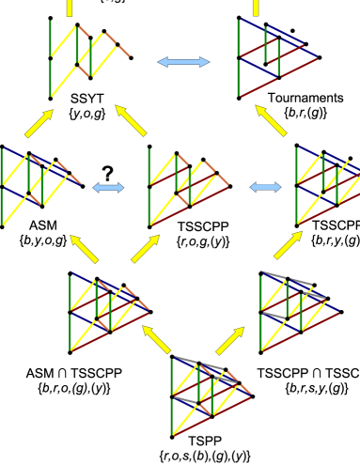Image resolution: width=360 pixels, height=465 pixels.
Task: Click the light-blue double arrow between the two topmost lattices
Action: pos(183,62)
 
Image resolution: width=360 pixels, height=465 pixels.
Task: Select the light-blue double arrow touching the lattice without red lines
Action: pos(109,188)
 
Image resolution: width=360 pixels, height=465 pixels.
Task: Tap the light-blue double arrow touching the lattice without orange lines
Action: pos(266,188)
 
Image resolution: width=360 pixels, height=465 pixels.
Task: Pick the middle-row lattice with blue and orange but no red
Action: pos(38,184)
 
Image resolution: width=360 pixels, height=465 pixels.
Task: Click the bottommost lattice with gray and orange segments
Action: pos(209,395)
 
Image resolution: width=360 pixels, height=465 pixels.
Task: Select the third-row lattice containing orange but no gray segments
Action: pos(105,310)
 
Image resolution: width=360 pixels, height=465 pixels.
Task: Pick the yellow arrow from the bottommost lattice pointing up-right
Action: pos(230,340)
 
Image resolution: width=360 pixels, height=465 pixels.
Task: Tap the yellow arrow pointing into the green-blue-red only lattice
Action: pos(271,120)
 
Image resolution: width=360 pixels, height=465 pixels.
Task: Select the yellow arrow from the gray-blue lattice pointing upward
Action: pos(288,244)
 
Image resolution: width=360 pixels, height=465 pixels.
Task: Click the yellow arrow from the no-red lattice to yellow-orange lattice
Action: pos(39,123)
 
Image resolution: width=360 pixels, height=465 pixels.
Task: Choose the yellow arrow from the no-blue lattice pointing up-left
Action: pos(132,120)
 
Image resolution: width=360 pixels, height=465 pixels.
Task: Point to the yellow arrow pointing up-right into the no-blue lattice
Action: pos(145,248)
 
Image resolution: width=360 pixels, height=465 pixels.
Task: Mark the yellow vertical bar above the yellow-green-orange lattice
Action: pos(69,8)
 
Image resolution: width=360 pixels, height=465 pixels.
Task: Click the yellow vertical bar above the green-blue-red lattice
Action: pos(255,8)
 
